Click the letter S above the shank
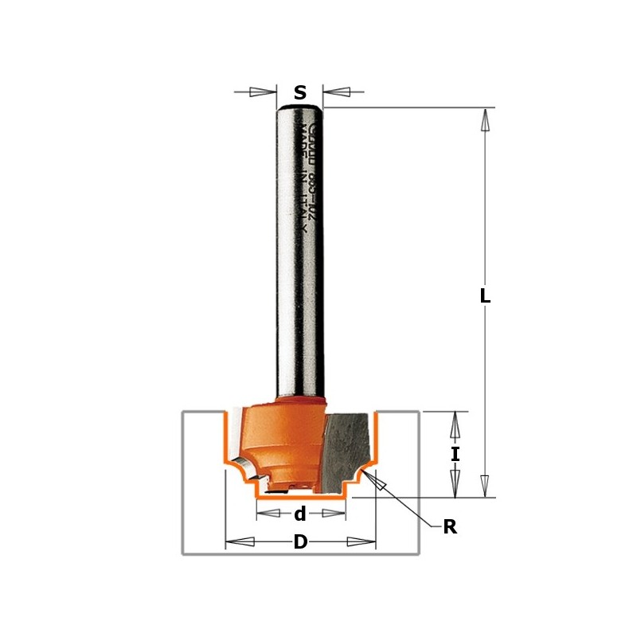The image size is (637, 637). (x=300, y=92)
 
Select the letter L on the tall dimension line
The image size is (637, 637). (x=485, y=296)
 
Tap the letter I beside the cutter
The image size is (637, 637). (x=455, y=455)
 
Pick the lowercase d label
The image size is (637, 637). (x=300, y=514)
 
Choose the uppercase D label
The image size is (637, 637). (x=300, y=542)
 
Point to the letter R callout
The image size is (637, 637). (x=450, y=527)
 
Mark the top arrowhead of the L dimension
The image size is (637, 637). (x=485, y=120)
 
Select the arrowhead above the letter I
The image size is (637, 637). (x=455, y=428)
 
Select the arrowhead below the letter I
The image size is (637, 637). (x=455, y=480)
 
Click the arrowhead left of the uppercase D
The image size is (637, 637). (x=240, y=542)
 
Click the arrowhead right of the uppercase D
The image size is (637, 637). (x=361, y=542)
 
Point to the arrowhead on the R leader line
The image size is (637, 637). (x=376, y=483)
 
